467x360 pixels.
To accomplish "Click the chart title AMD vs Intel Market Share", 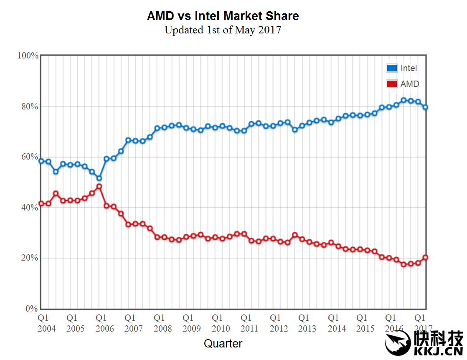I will (223, 16).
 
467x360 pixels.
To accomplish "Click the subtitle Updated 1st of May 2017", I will (223, 30).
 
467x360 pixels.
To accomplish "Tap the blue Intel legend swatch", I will (392, 68).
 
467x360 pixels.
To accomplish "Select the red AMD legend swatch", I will (392, 84).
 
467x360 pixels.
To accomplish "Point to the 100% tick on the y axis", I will (28, 56).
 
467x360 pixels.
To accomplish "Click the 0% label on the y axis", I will (32, 309).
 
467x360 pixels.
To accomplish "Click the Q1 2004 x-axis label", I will (46, 323).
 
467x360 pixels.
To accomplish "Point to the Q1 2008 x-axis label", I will (162, 323).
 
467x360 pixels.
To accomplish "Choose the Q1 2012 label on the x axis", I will (278, 323).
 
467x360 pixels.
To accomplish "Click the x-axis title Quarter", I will (223, 344).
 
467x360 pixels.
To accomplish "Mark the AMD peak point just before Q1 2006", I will (99, 186).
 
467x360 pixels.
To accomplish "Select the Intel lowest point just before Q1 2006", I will (99, 178).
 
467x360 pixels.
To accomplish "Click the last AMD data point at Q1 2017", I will (425, 258).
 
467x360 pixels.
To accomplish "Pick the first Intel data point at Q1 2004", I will (41, 161).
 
